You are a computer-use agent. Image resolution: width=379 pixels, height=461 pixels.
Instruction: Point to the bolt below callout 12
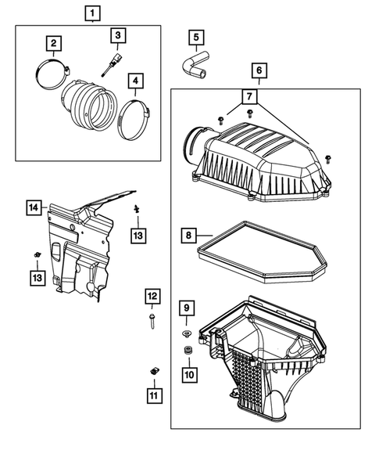[x=152, y=322]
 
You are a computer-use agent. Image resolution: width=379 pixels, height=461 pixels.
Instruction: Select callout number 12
[x=152, y=296]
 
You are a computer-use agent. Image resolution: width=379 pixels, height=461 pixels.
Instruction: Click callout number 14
[x=33, y=207]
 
